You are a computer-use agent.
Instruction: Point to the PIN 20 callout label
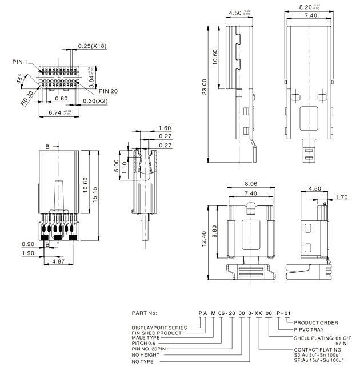[108, 91]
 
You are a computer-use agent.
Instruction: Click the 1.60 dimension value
[165, 128]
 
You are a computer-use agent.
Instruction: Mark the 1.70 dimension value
[342, 198]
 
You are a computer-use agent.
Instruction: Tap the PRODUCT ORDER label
[314, 322]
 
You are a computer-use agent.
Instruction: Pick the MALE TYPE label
[146, 338]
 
